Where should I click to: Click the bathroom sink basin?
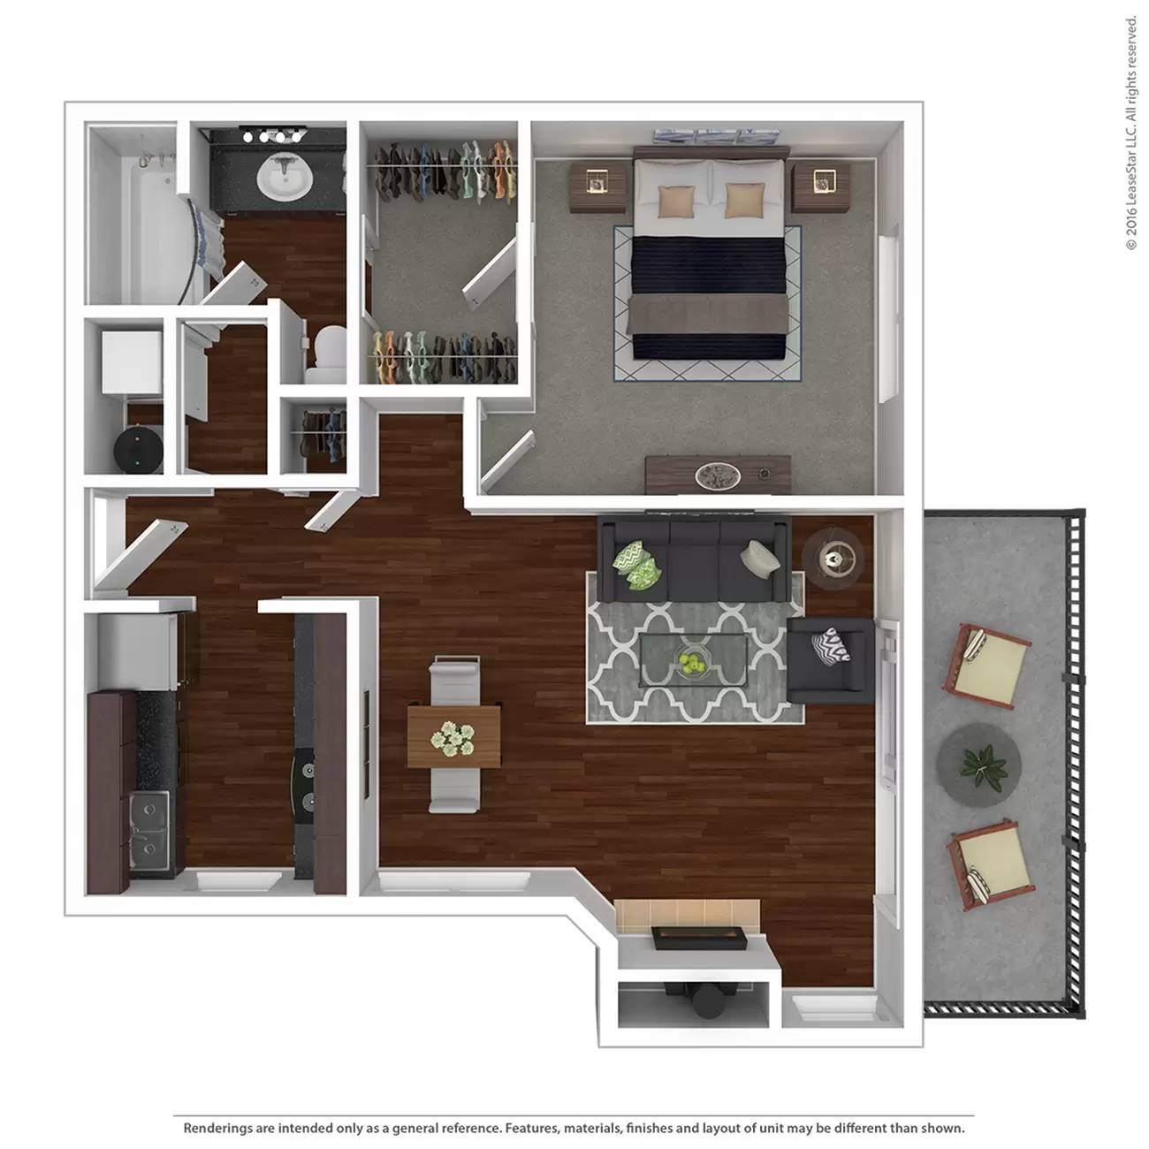[285, 177]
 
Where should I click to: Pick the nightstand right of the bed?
[820, 188]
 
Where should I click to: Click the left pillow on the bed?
[677, 201]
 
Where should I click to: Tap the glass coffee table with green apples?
[694, 660]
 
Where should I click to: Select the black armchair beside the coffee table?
[831, 660]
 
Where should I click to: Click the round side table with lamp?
[833, 559]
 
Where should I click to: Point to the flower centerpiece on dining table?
[453, 739]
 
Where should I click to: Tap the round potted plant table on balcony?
[978, 765]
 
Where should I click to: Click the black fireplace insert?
[699, 938]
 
